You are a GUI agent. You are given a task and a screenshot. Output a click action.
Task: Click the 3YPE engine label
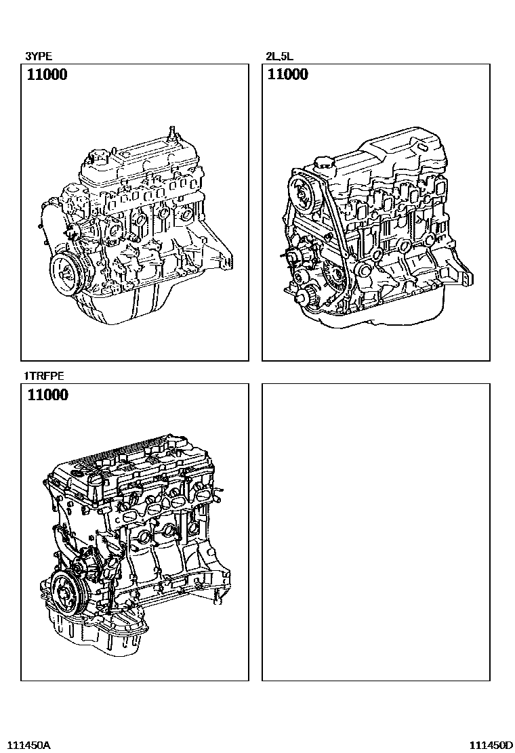click(39, 56)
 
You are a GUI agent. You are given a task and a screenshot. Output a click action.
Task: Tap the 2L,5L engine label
click(280, 56)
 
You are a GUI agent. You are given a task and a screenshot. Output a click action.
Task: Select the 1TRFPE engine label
click(44, 376)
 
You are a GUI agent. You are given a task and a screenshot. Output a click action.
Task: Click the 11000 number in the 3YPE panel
click(47, 74)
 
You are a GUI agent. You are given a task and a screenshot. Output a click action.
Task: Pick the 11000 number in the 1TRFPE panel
click(47, 395)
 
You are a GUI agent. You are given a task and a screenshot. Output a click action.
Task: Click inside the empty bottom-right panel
click(375, 532)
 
